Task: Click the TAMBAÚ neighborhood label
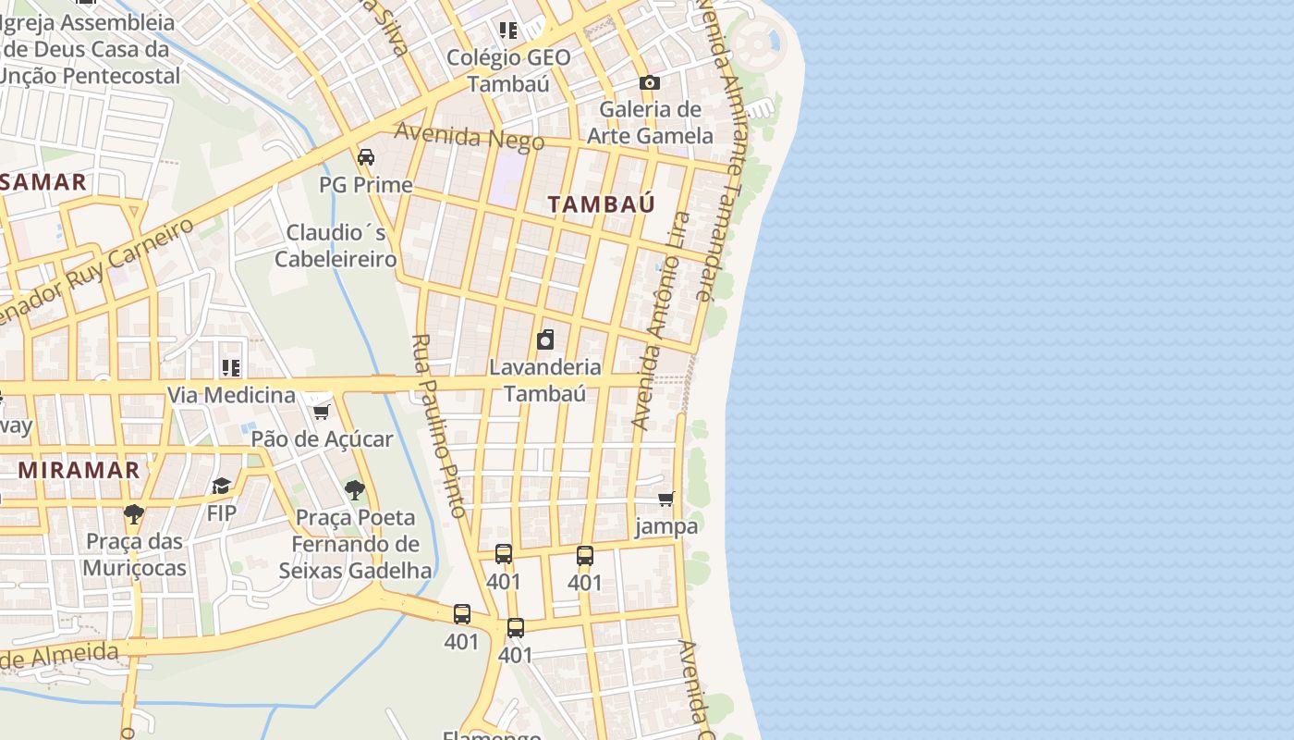pyautogui.click(x=602, y=204)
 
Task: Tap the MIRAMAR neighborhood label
pyautogui.click(x=79, y=470)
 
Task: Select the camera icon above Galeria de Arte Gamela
pyautogui.click(x=650, y=82)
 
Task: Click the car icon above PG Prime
pyautogui.click(x=366, y=156)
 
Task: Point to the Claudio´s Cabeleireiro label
pyautogui.click(x=336, y=246)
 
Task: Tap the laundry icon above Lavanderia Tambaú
pyautogui.click(x=545, y=339)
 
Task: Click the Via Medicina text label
pyautogui.click(x=231, y=396)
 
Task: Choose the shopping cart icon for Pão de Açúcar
pyautogui.click(x=321, y=412)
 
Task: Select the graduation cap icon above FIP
pyautogui.click(x=222, y=486)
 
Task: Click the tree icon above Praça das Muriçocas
pyautogui.click(x=134, y=513)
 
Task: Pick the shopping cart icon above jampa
pyautogui.click(x=666, y=499)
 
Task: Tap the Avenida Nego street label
pyautogui.click(x=470, y=137)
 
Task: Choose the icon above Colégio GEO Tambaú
pyautogui.click(x=507, y=31)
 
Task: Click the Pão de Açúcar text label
pyautogui.click(x=323, y=439)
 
